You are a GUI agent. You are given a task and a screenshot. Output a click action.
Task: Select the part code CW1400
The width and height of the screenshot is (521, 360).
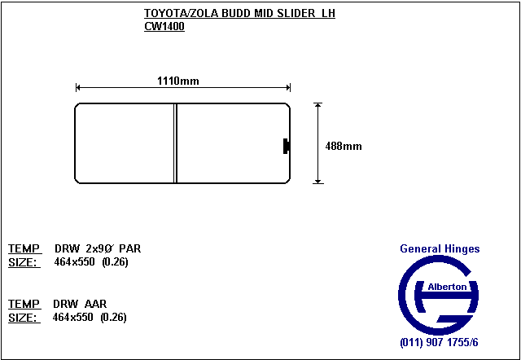click(164, 27)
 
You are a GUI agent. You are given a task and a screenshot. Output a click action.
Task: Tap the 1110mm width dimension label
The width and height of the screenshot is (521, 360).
click(177, 81)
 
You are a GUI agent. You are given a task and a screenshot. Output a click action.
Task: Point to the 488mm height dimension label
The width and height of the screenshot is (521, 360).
click(344, 147)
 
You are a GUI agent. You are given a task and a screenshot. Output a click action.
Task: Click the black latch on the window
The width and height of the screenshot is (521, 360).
click(287, 147)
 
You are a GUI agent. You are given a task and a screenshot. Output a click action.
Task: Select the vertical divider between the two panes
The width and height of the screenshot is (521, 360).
click(176, 143)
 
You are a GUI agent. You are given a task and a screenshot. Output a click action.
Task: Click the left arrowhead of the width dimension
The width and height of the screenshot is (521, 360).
click(78, 88)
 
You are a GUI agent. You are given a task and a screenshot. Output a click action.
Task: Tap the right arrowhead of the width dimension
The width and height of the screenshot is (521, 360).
click(288, 88)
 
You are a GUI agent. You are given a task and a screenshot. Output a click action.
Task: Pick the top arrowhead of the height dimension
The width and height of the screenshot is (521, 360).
click(318, 105)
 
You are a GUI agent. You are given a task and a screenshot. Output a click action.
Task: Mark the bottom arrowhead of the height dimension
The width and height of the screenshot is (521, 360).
click(318, 181)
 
